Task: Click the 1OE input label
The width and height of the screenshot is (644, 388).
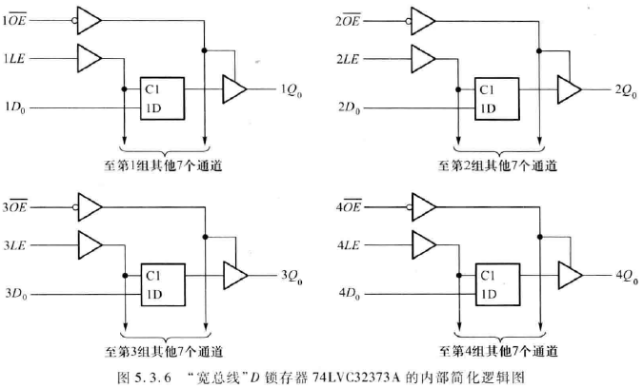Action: tap(19, 20)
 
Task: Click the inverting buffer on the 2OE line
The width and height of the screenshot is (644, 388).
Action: tap(421, 19)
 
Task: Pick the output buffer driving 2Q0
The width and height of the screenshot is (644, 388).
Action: tap(569, 88)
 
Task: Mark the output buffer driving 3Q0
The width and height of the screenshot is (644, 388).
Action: tap(232, 275)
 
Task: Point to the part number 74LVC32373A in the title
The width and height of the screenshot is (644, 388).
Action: tap(344, 374)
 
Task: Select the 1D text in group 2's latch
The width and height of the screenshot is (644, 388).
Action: tap(488, 108)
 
